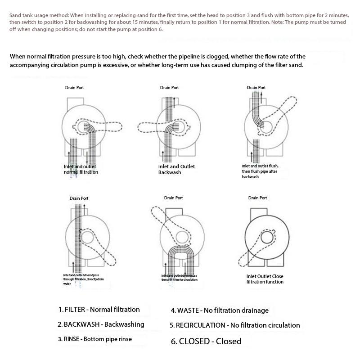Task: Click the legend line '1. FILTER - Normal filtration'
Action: click(x=99, y=310)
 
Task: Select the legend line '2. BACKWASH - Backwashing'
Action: click(x=101, y=324)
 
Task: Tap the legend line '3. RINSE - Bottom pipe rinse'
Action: click(x=95, y=339)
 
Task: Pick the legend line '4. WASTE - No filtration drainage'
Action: click(x=220, y=310)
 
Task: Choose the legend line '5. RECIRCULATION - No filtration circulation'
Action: click(x=234, y=325)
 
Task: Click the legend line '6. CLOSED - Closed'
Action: click(x=206, y=341)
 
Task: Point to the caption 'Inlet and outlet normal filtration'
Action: click(x=81, y=169)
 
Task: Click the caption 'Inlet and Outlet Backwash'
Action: click(x=176, y=169)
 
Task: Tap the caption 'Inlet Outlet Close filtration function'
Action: click(x=265, y=279)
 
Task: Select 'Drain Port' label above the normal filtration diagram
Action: click(x=74, y=87)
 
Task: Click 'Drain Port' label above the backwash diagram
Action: click(x=169, y=87)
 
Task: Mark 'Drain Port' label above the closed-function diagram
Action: click(x=257, y=198)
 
